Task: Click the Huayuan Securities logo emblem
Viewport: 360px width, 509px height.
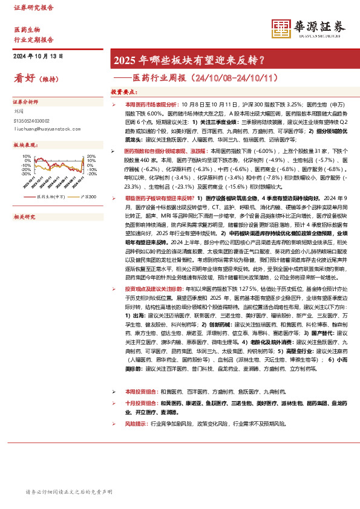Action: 281,27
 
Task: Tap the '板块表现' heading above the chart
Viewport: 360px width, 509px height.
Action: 25,145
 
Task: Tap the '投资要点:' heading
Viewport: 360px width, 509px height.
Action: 123,92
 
